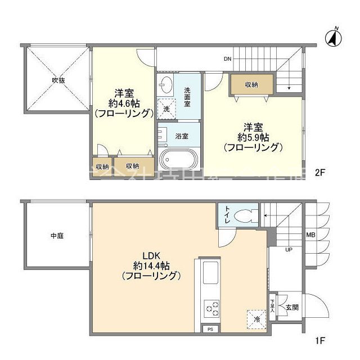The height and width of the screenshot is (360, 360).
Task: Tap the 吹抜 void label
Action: click(58, 80)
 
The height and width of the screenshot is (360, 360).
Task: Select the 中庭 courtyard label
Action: click(57, 236)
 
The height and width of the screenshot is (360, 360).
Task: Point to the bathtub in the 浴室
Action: click(177, 158)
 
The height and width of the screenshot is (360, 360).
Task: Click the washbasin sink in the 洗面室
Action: click(166, 86)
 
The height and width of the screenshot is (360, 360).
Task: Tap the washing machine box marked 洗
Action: click(166, 109)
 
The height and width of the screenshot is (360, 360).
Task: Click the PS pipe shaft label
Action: click(210, 329)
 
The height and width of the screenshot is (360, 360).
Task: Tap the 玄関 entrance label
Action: click(291, 307)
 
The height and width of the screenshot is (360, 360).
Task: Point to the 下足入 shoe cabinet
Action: click(273, 307)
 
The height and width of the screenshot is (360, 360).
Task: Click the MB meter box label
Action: click(310, 235)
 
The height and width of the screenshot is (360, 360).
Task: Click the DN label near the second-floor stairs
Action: click(227, 59)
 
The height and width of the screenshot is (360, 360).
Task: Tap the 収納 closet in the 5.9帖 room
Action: click(251, 84)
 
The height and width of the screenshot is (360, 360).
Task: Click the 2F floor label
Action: click(319, 173)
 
